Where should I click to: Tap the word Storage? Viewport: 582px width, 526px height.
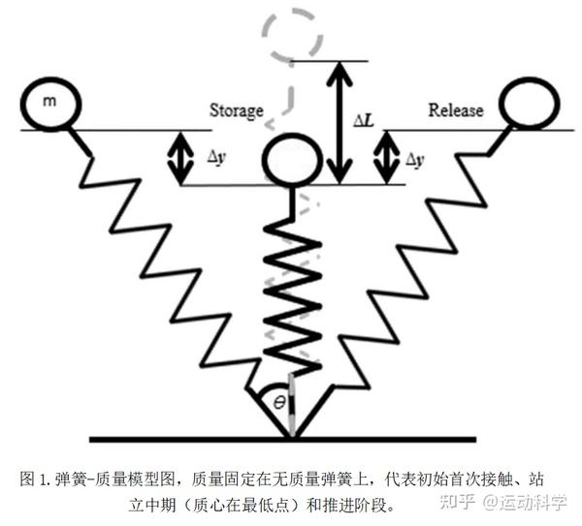point(237,110)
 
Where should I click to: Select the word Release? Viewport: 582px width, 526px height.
point(455,110)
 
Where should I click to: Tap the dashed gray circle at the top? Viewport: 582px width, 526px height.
point(293,36)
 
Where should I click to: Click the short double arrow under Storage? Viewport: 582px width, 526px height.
point(179,158)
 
